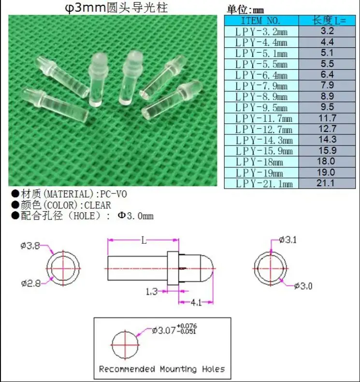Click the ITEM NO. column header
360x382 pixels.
coord(261,21)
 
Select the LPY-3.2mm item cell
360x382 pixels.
coord(261,31)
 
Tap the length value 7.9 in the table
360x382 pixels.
coord(327,85)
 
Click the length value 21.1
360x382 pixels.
coord(326,183)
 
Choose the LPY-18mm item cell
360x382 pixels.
coord(259,162)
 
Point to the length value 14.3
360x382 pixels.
coord(328,139)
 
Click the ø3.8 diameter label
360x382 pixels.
coord(30,246)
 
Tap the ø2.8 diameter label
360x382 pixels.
coord(30,283)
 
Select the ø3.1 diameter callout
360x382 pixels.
coord(288,240)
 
